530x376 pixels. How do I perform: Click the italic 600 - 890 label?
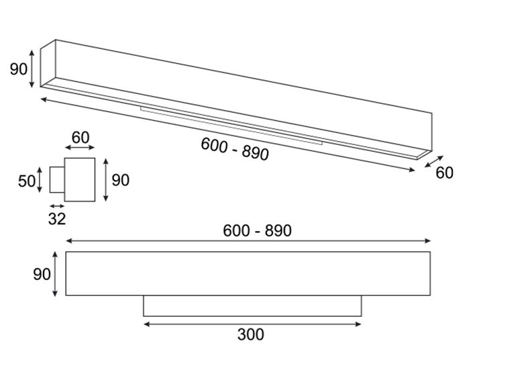point(235,149)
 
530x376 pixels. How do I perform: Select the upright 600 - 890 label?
point(257,231)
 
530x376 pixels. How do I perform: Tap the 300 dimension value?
point(250,335)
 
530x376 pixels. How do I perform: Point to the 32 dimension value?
point(57,219)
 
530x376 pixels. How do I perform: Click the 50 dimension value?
point(26,181)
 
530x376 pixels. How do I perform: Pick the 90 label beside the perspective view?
point(18,69)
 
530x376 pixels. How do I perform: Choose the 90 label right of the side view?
point(120,180)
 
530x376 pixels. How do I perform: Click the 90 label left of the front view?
point(42,274)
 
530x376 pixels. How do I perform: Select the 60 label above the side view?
point(81,138)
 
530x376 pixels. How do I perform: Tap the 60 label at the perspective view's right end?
point(445,173)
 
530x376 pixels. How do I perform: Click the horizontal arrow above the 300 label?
point(252,324)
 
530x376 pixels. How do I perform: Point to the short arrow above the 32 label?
point(57,206)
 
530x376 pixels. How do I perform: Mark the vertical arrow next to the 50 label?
point(40,180)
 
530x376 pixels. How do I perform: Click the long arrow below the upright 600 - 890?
point(248,240)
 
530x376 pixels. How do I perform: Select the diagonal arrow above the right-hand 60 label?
point(434,161)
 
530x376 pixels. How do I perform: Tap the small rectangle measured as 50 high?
point(57,180)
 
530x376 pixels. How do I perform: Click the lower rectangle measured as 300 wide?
point(252,306)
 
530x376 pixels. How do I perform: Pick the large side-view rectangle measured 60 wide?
point(80,180)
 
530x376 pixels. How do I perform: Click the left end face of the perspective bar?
point(48,63)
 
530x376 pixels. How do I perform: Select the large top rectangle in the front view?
point(248,273)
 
